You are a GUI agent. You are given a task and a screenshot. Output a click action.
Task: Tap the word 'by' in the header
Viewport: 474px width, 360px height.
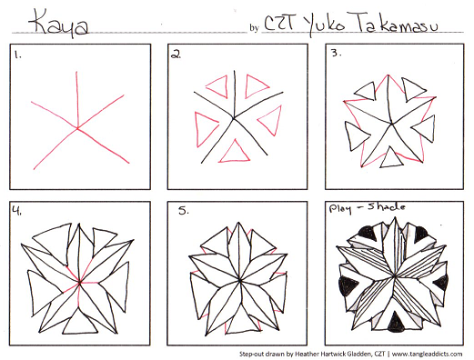(x=254, y=28)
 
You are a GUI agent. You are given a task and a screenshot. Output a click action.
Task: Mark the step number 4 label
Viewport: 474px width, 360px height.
(x=17, y=211)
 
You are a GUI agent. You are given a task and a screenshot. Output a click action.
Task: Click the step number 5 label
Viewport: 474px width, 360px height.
(x=184, y=213)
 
